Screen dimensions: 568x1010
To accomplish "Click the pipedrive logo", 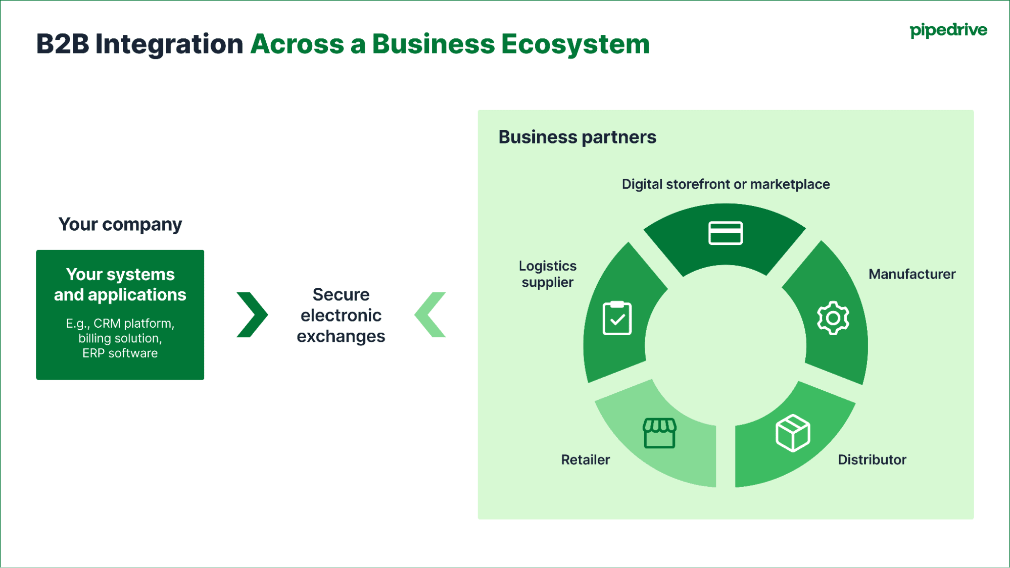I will [948, 30].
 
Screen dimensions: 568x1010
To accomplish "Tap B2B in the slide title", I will [62, 44].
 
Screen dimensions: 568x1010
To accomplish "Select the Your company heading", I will [120, 224].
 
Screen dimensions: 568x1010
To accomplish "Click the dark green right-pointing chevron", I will [252, 315].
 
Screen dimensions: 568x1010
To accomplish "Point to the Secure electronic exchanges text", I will [341, 315].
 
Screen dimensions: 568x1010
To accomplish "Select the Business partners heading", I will [577, 137].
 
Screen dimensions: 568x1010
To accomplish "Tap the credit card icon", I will [725, 233].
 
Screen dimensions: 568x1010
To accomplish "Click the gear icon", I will [833, 318].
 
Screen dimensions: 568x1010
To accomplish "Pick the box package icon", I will [792, 433].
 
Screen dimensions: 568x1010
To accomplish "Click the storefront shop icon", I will [659, 433].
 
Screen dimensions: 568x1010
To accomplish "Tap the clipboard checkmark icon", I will [617, 318].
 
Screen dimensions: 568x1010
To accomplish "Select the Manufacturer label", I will [911, 274].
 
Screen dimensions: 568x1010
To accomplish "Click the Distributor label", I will [872, 459].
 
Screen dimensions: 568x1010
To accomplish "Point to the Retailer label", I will [585, 459].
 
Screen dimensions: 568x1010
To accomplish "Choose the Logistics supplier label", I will [547, 274].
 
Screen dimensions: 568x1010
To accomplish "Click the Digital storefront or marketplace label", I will [725, 184].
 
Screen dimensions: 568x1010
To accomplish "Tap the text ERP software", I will [120, 353].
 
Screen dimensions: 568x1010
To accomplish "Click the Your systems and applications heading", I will [120, 284].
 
